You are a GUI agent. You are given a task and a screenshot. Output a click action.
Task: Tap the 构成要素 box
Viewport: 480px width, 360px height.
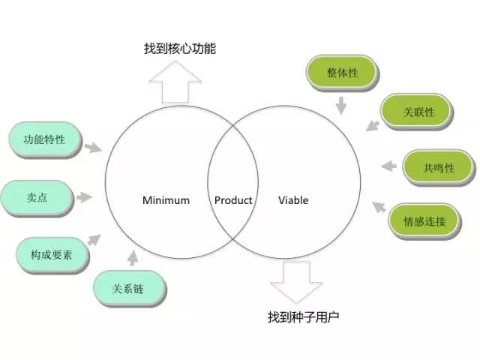click(46, 253)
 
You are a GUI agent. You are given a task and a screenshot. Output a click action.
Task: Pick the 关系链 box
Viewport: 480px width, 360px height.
click(127, 288)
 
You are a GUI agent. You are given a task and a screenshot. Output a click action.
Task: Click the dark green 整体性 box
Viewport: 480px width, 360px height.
click(341, 73)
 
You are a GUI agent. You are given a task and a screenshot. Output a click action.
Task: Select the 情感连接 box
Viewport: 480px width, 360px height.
click(424, 220)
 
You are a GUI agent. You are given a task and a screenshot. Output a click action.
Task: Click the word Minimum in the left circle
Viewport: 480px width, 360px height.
click(166, 200)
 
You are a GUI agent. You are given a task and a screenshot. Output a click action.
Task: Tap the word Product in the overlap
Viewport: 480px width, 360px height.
click(233, 200)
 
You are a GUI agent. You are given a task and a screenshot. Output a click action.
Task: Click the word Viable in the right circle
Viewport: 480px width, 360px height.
click(293, 200)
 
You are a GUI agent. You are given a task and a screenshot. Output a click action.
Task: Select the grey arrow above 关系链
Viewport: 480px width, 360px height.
click(133, 259)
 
